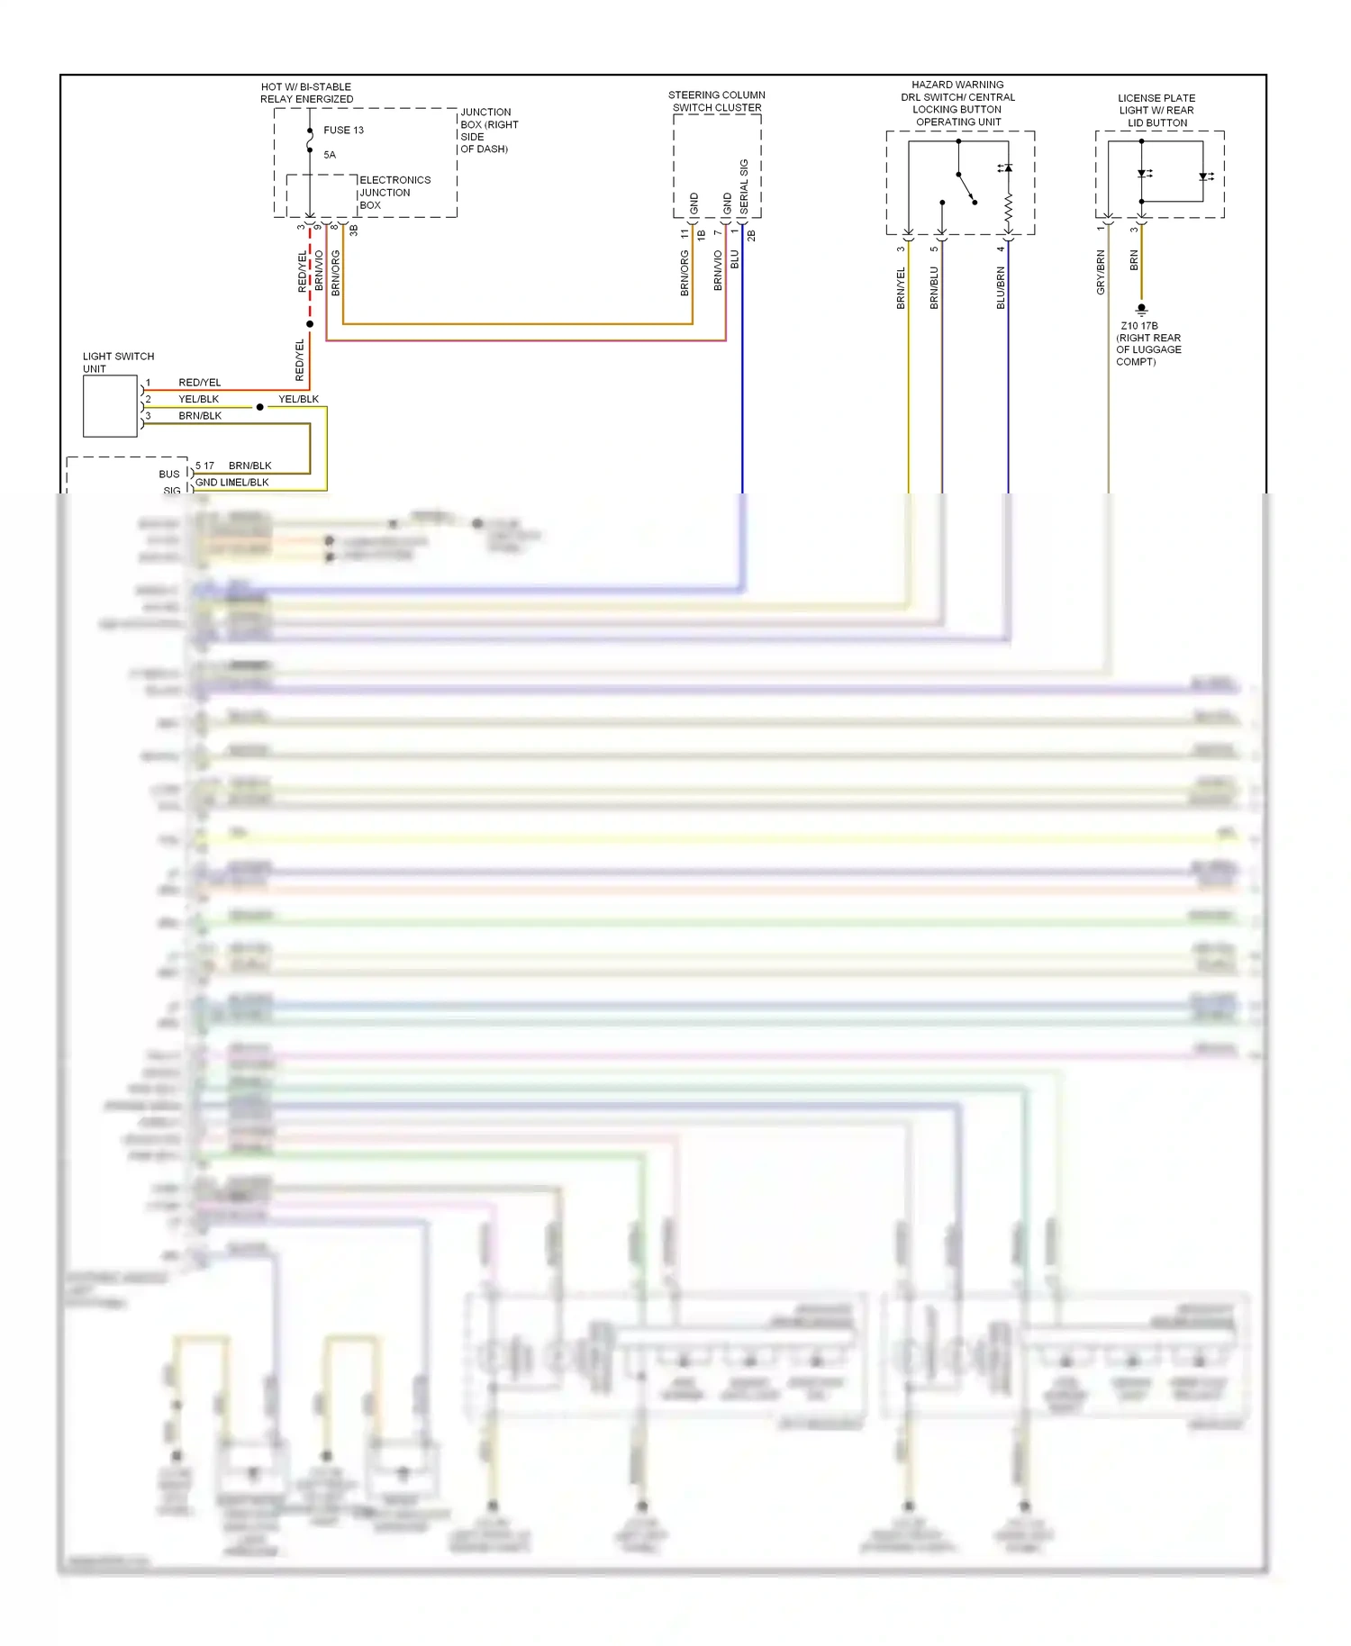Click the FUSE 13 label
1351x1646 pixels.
point(343,130)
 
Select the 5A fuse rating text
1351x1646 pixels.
point(330,155)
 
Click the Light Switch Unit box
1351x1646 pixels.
point(110,406)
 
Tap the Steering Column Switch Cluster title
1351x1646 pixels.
point(716,101)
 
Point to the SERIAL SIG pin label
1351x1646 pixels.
point(744,186)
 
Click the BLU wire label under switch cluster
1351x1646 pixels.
point(734,259)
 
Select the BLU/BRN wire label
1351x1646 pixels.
point(1001,288)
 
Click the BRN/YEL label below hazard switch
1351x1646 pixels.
point(901,288)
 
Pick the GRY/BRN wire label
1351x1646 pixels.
point(1101,273)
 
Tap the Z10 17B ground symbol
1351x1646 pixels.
point(1141,309)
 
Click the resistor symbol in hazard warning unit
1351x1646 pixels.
point(1008,208)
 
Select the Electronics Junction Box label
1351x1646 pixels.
point(394,193)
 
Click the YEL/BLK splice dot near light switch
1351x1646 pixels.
point(260,407)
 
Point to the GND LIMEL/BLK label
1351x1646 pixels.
point(231,483)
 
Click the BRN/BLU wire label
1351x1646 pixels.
point(934,288)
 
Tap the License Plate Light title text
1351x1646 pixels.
point(1156,110)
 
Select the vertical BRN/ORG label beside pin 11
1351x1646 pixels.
point(685,273)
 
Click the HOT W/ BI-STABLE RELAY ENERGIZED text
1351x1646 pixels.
point(306,93)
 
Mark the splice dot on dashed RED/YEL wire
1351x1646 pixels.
point(310,324)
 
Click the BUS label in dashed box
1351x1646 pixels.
point(169,475)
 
